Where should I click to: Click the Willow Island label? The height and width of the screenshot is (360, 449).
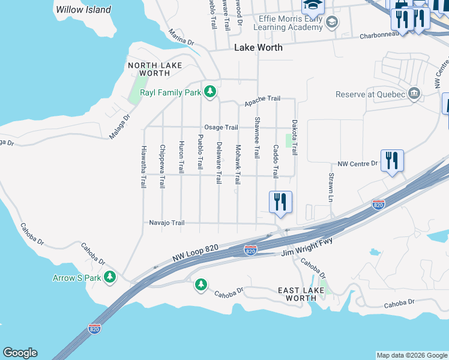(x=83, y=10)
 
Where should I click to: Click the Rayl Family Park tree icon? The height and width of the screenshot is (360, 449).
(x=209, y=92)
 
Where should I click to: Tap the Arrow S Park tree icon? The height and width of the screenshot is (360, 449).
(x=109, y=277)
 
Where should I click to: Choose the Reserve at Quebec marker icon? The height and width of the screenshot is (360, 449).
(x=414, y=94)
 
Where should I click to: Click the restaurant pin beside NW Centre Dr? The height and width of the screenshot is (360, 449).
(x=392, y=161)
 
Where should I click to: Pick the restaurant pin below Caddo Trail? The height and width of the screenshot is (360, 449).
(x=280, y=202)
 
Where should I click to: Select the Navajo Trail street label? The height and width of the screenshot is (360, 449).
(x=166, y=223)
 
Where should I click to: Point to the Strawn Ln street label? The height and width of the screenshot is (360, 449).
(x=331, y=187)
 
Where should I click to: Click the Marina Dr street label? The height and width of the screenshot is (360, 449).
(x=181, y=38)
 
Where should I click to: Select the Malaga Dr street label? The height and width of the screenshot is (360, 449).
(x=119, y=127)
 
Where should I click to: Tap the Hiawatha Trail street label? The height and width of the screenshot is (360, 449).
(x=143, y=167)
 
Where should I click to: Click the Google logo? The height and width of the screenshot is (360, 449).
(x=20, y=353)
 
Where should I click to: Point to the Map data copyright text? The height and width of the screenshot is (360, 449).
(x=411, y=355)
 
